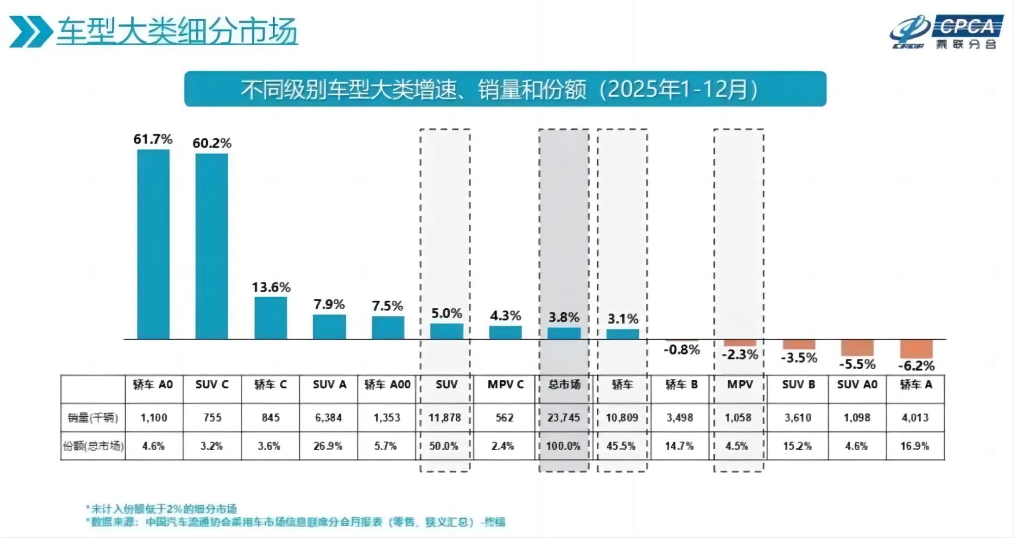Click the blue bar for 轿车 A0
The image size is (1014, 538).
153,244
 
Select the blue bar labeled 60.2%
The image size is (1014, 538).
211,246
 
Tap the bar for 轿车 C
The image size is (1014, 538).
271,318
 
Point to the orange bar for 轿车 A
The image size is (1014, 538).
916,349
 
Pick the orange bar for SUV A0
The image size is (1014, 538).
857,347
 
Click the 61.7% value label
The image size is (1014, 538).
153,139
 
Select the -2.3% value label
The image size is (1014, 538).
740,354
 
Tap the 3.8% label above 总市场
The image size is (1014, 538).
564,317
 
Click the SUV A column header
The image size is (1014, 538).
329,385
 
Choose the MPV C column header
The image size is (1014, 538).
505,385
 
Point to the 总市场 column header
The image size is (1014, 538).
564,385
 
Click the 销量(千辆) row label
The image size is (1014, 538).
93,418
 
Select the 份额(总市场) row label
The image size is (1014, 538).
93,446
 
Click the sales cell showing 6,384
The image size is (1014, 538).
329,418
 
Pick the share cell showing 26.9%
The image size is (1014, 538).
328,446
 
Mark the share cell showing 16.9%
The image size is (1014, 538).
915,446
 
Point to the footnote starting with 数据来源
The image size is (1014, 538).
297,522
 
